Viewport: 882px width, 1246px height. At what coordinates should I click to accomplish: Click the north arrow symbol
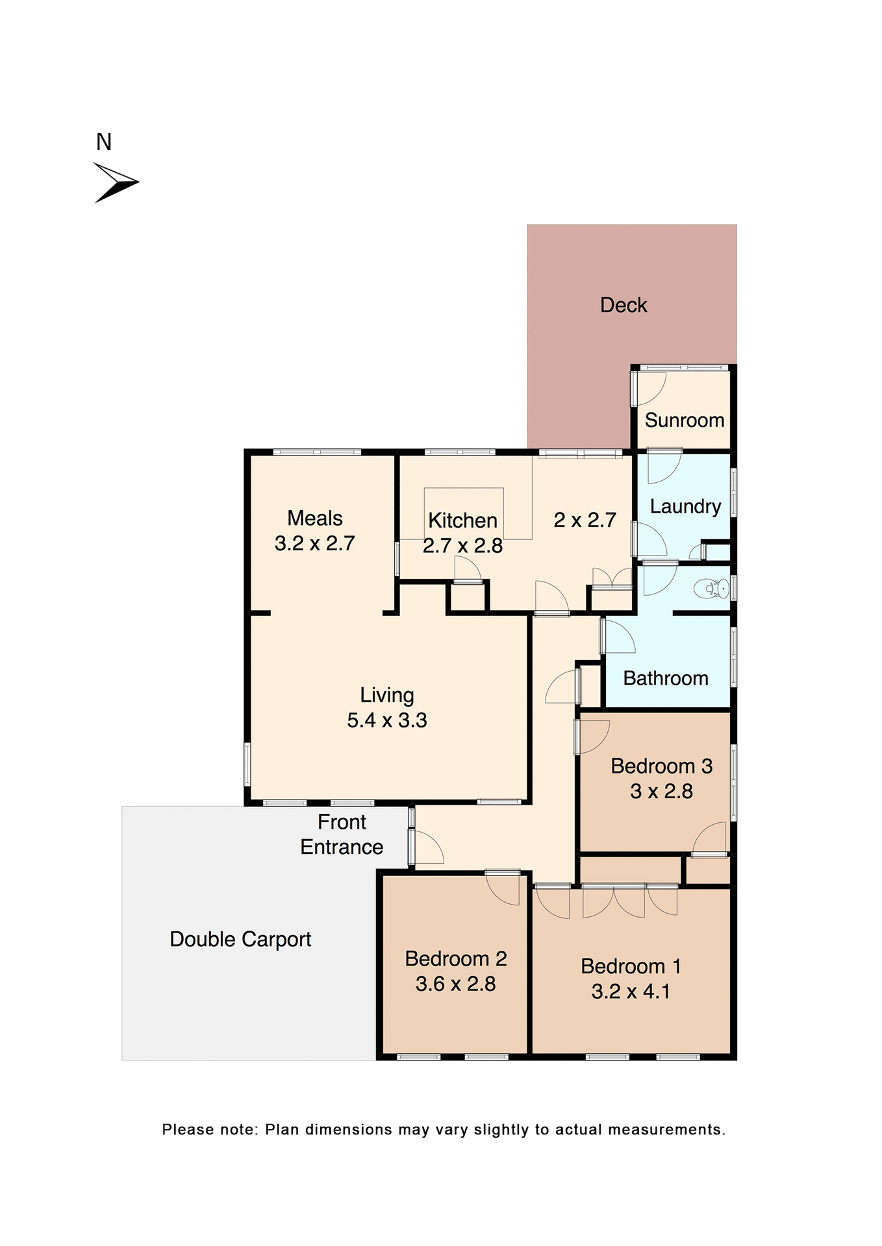(x=116, y=182)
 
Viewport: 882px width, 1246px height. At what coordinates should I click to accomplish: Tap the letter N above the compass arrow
(x=104, y=142)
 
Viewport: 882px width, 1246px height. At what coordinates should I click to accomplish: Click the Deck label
(x=623, y=305)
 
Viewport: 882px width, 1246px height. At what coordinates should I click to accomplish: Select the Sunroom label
(x=684, y=420)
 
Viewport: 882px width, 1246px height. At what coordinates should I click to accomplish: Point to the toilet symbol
(x=711, y=589)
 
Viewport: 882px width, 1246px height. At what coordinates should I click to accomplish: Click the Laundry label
(x=685, y=506)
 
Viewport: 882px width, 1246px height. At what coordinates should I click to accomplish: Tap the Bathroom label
(x=665, y=678)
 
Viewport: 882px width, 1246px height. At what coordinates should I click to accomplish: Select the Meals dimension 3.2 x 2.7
(x=314, y=543)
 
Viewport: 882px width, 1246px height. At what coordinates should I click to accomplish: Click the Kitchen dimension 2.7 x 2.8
(x=462, y=546)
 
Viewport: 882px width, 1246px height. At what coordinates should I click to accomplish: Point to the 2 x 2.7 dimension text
(x=585, y=520)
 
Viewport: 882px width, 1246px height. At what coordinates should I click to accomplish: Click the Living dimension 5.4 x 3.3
(x=386, y=720)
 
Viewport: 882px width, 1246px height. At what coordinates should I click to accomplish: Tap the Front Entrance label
(x=342, y=835)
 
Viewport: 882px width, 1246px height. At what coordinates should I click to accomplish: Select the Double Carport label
(x=240, y=939)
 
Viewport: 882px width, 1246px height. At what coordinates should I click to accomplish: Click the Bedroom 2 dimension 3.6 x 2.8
(x=455, y=984)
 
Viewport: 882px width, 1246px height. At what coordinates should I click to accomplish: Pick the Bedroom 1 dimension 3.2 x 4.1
(x=630, y=991)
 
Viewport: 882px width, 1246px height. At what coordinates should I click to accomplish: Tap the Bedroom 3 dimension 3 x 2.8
(x=661, y=791)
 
